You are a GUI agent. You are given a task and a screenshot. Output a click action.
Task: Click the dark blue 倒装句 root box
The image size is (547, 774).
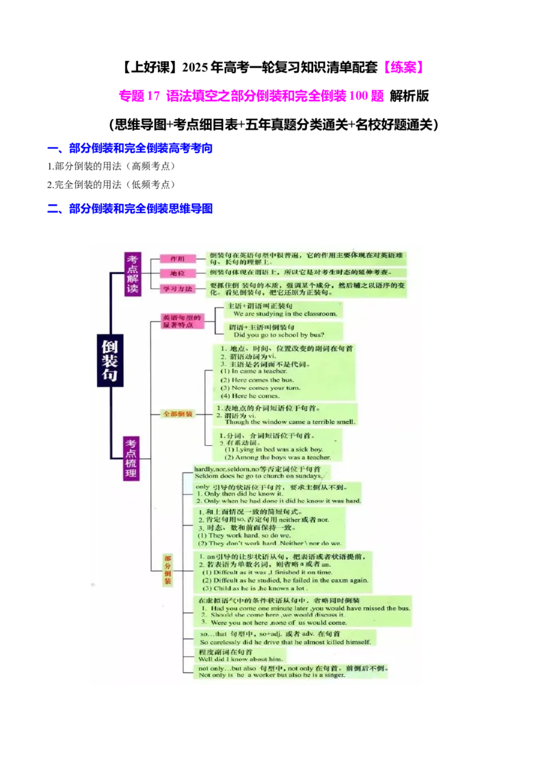[109, 361]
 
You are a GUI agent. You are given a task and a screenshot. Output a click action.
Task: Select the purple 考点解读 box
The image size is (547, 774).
[132, 274]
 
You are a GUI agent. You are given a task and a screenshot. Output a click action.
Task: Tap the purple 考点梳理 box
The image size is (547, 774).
[131, 458]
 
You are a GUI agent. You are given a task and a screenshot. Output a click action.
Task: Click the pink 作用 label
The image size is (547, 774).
[177, 259]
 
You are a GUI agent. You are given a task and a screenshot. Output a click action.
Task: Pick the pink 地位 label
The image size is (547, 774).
[177, 273]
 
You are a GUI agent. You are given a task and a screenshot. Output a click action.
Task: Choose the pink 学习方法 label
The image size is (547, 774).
[178, 289]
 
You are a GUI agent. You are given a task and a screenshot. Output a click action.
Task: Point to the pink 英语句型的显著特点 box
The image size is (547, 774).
[182, 321]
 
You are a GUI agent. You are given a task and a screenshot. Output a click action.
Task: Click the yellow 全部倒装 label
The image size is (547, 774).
[178, 414]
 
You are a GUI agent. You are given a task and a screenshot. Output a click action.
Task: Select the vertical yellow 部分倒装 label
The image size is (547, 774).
[168, 570]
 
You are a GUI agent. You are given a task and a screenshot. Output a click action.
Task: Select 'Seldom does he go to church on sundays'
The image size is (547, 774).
[258, 476]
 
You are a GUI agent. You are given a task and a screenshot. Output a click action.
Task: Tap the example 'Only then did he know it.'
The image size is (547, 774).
[239, 493]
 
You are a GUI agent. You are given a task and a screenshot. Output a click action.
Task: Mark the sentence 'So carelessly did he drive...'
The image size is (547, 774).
[286, 642]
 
